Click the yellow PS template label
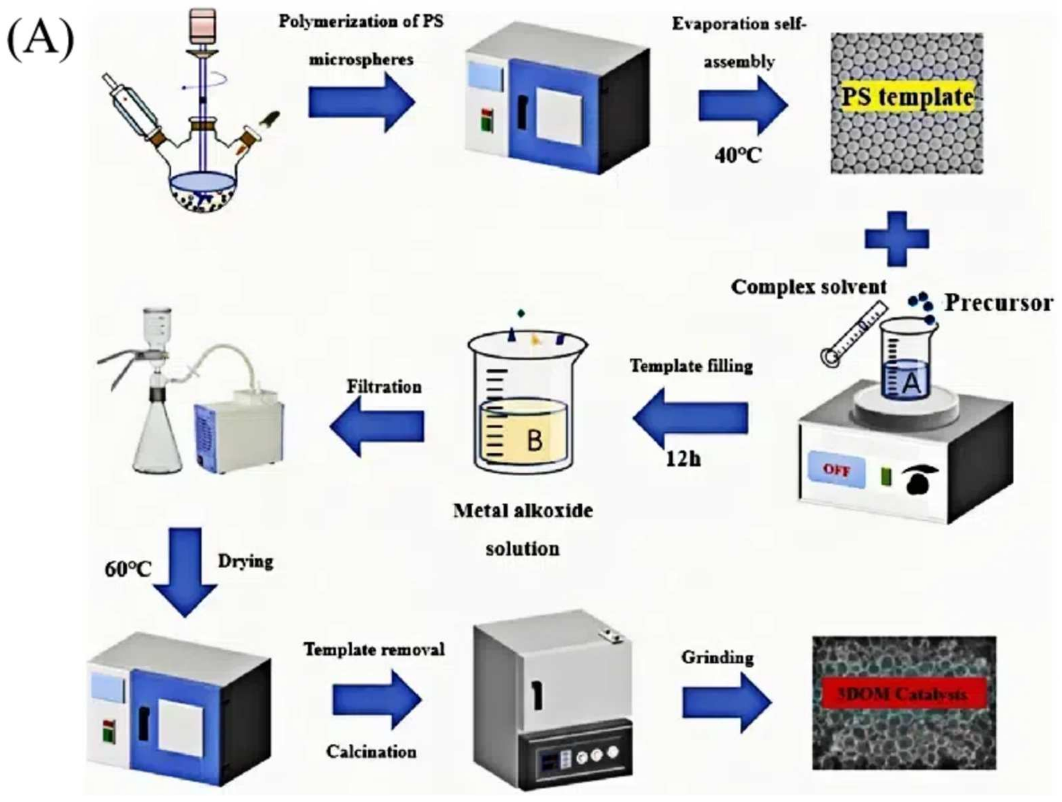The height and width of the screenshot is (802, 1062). pyautogui.click(x=907, y=98)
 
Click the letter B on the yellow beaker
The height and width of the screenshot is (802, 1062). pyautogui.click(x=534, y=441)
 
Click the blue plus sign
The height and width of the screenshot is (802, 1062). pyautogui.click(x=897, y=239)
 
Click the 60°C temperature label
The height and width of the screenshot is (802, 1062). pyautogui.click(x=128, y=570)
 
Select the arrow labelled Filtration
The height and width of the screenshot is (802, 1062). pyautogui.click(x=377, y=426)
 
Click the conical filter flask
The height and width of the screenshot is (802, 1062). pyautogui.click(x=157, y=446)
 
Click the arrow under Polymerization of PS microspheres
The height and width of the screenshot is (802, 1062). pyautogui.click(x=361, y=102)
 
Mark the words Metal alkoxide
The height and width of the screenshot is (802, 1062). pyautogui.click(x=523, y=511)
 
